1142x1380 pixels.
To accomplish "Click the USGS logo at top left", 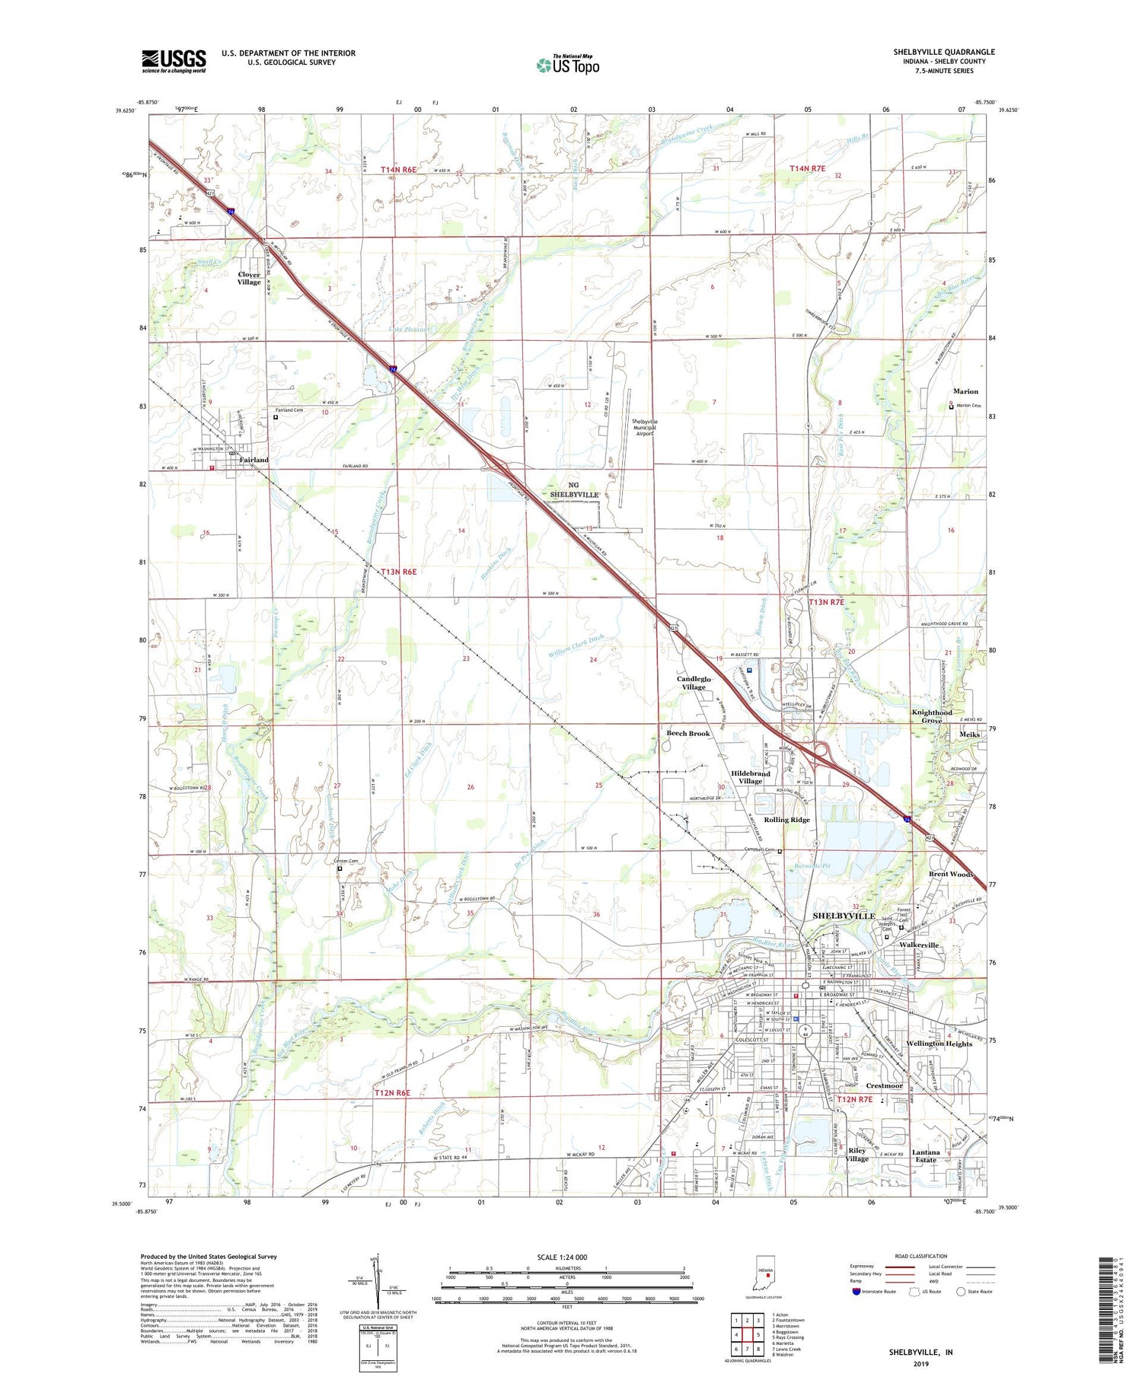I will coord(174,61).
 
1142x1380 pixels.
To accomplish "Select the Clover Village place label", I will coord(249,279).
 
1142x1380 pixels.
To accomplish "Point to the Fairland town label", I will coord(254,460).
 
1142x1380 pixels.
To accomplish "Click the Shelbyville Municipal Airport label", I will coord(644,427).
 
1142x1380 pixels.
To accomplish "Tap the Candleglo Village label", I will coord(694,683).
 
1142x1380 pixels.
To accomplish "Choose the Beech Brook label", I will coord(688,734).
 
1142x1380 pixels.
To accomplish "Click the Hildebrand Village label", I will coord(750,777).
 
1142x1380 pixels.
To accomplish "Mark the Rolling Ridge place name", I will coord(786,820).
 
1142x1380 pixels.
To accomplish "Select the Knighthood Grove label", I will coord(932,716).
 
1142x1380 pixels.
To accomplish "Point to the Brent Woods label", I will coord(951,875).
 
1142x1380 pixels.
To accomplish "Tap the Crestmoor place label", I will coord(884,1085).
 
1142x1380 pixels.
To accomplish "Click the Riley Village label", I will coord(856,1155).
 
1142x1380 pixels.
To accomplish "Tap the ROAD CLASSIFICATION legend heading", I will coord(921,1256).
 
